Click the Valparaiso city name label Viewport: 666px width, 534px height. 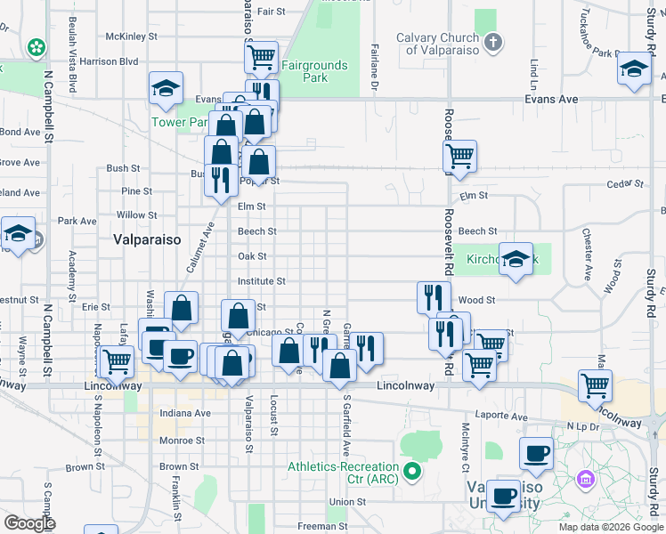tap(147, 239)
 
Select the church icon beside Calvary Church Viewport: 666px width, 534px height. tap(492, 42)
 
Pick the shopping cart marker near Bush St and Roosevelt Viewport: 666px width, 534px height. tap(459, 157)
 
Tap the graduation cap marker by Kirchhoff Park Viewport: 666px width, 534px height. tap(516, 259)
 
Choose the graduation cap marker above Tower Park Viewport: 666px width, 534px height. tap(166, 88)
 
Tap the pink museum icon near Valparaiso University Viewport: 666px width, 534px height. tap(585, 481)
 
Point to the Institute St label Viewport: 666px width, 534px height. tap(261, 281)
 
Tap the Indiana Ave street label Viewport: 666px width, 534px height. tap(184, 413)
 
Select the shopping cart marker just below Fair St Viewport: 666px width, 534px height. tap(261, 58)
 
